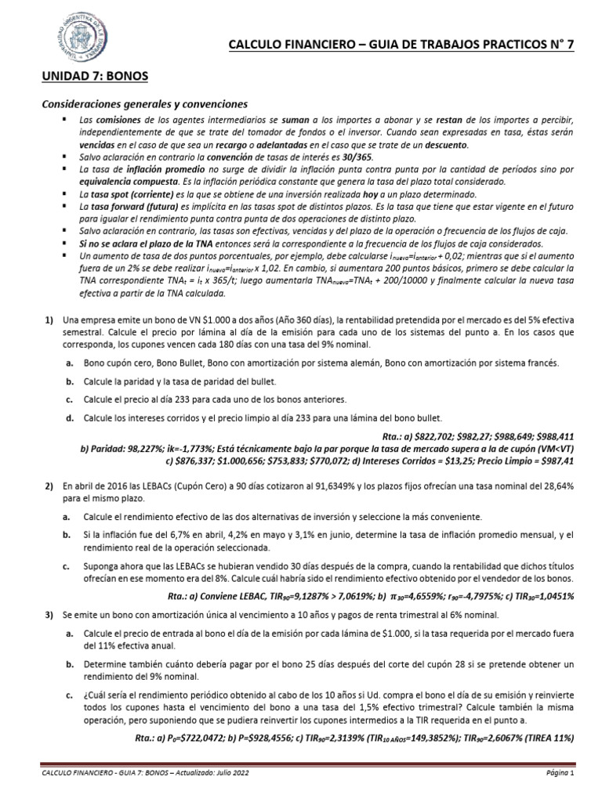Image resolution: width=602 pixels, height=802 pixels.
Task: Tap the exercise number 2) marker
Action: coord(48,486)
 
